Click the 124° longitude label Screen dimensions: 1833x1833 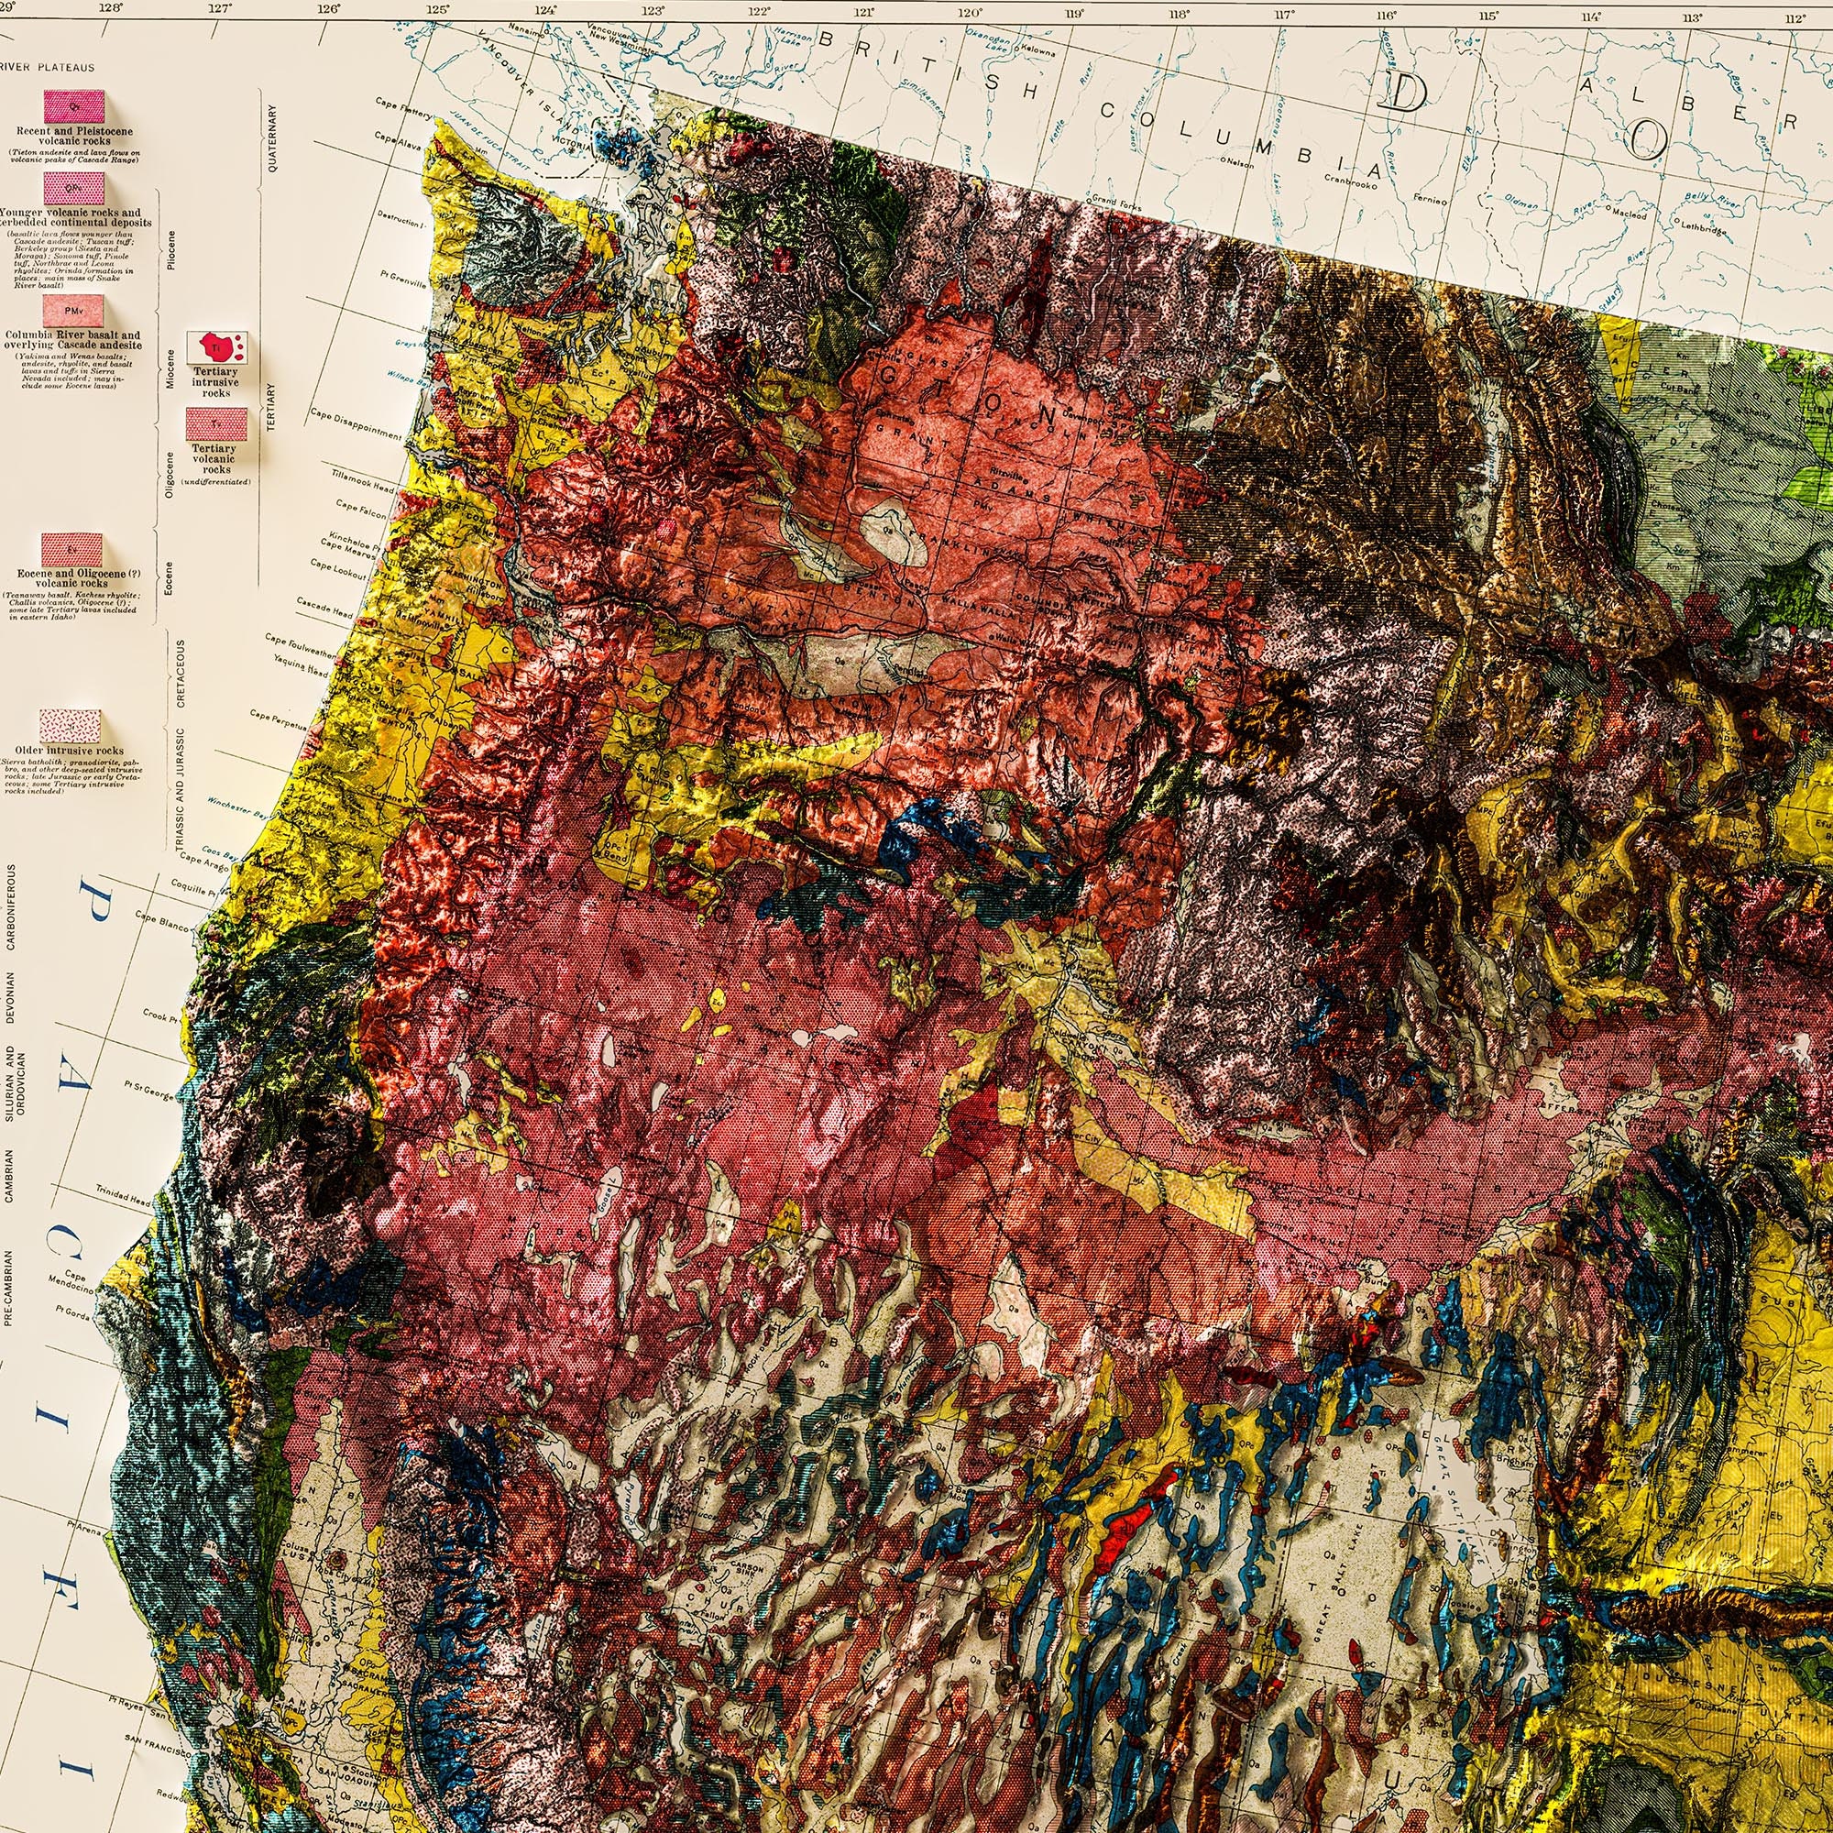pyautogui.click(x=546, y=12)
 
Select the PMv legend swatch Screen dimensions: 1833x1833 pyautogui.click(x=72, y=311)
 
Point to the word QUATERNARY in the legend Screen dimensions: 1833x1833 pyautogui.click(x=272, y=138)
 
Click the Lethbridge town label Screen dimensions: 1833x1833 pyautogui.click(x=1707, y=225)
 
